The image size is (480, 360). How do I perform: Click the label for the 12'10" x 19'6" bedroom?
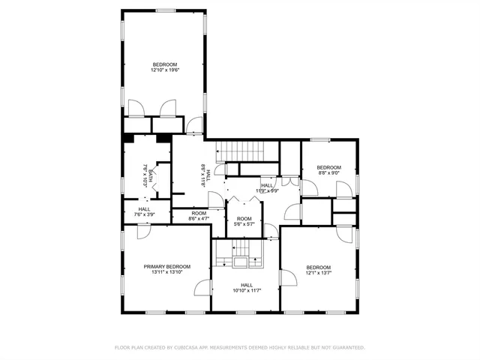pyautogui.click(x=166, y=64)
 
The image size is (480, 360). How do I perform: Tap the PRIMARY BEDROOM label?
pyautogui.click(x=167, y=266)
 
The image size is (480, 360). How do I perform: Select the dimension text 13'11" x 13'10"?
pyautogui.click(x=167, y=273)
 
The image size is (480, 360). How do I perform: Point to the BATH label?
pyautogui.click(x=151, y=177)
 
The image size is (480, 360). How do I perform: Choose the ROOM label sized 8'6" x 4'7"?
pyautogui.click(x=199, y=213)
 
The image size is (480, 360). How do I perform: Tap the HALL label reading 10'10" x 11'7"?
pyautogui.click(x=247, y=284)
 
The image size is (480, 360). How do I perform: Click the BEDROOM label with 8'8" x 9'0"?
pyautogui.click(x=328, y=166)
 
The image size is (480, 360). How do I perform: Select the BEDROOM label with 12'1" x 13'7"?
pyautogui.click(x=318, y=267)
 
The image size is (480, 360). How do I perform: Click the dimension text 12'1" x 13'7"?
pyautogui.click(x=318, y=274)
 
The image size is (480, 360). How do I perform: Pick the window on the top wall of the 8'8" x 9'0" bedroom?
pyautogui.click(x=320, y=139)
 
